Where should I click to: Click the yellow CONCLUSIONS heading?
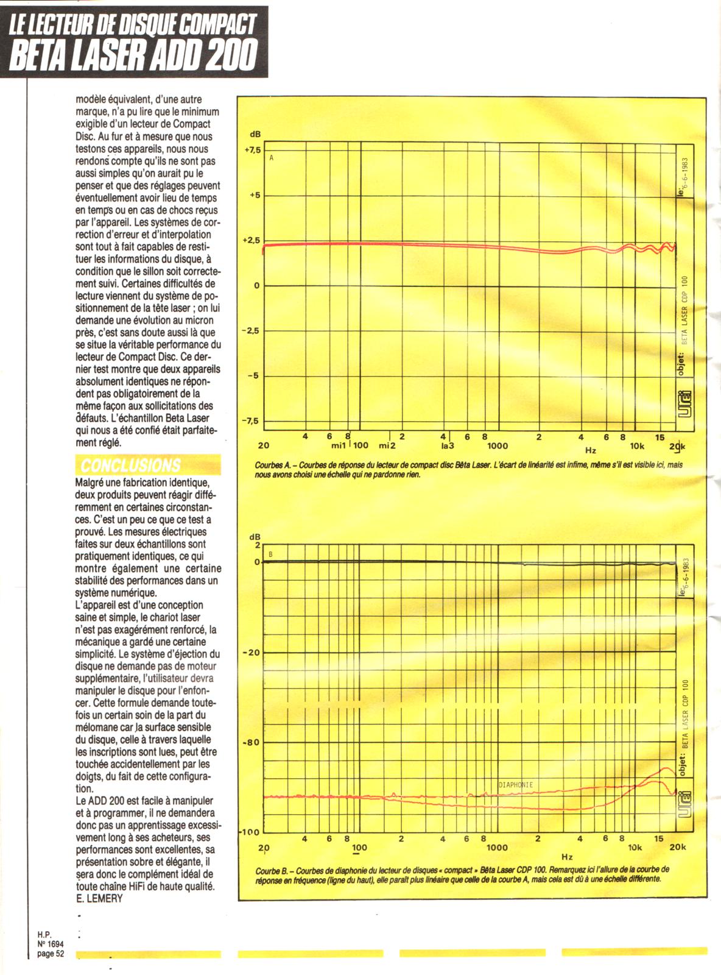tap(131, 466)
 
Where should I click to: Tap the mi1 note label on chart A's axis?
tap(339, 446)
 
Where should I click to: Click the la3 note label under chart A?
tap(448, 446)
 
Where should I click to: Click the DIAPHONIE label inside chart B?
tap(515, 785)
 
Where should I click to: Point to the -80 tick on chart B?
tap(251, 743)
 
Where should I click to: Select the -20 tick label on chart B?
tap(251, 653)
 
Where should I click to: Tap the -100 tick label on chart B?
tap(250, 832)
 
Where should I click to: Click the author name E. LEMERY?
tap(99, 898)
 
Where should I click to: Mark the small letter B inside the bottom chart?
tap(271, 554)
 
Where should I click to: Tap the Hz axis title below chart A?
tap(591, 451)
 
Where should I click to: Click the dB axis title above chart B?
tap(254, 537)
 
